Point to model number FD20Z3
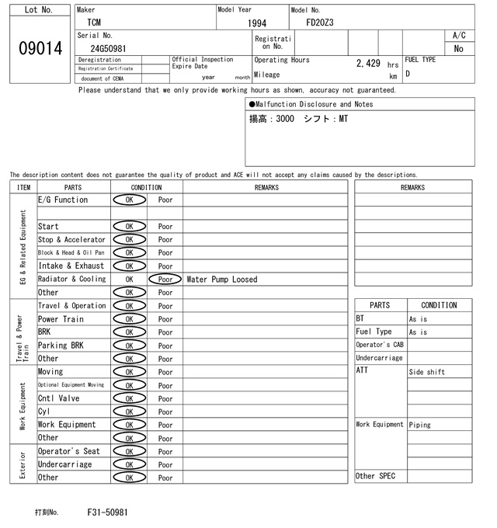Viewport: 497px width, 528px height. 319,23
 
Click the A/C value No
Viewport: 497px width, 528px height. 458,48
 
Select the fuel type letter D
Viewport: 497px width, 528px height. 408,74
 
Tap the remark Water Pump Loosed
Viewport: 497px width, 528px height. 222,280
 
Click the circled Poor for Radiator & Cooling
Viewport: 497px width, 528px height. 165,280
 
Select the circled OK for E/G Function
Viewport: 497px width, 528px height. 129,200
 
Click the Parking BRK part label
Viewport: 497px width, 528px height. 61,346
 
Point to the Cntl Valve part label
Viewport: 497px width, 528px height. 59,398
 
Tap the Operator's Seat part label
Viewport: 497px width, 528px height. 68,451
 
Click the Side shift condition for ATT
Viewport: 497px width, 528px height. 427,372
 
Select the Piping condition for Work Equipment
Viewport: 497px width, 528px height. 420,425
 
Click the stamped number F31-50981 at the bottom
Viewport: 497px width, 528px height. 108,512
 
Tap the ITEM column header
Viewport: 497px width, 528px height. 23,187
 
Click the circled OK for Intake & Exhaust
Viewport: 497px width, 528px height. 129,266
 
